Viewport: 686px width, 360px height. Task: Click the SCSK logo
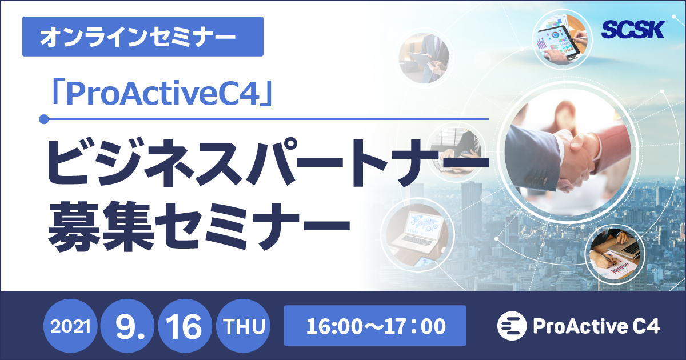(x=633, y=29)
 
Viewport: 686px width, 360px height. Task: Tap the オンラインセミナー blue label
(x=142, y=37)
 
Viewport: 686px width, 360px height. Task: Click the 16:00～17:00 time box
(x=375, y=327)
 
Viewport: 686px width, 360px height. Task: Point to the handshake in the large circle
(x=566, y=154)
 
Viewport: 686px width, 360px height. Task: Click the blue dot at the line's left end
(x=43, y=119)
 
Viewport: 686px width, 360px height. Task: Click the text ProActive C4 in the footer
(x=596, y=327)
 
